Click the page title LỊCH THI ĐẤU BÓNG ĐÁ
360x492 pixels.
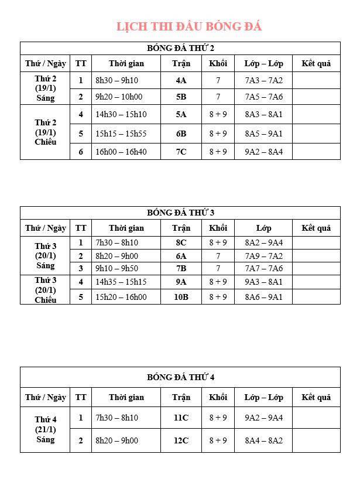click(188, 27)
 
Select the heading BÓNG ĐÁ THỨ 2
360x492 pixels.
click(180, 48)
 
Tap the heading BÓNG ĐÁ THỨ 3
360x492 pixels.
click(180, 213)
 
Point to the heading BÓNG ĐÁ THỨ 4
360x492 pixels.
click(180, 377)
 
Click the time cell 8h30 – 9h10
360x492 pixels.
click(117, 80)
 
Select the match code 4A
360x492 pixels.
click(181, 80)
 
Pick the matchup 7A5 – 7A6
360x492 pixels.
click(263, 97)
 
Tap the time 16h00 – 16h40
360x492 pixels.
click(121, 152)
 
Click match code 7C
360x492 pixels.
click(181, 152)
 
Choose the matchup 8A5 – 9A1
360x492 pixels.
click(263, 134)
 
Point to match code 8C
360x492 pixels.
click(181, 242)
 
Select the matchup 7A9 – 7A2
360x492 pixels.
click(263, 256)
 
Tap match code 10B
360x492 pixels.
click(181, 297)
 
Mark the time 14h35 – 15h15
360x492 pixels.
click(121, 282)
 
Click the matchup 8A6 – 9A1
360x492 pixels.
click(263, 297)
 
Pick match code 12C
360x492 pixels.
click(181, 440)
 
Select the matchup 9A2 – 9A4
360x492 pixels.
click(263, 418)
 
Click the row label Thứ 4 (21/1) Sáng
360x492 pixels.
click(45, 429)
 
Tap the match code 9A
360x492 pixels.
click(181, 282)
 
